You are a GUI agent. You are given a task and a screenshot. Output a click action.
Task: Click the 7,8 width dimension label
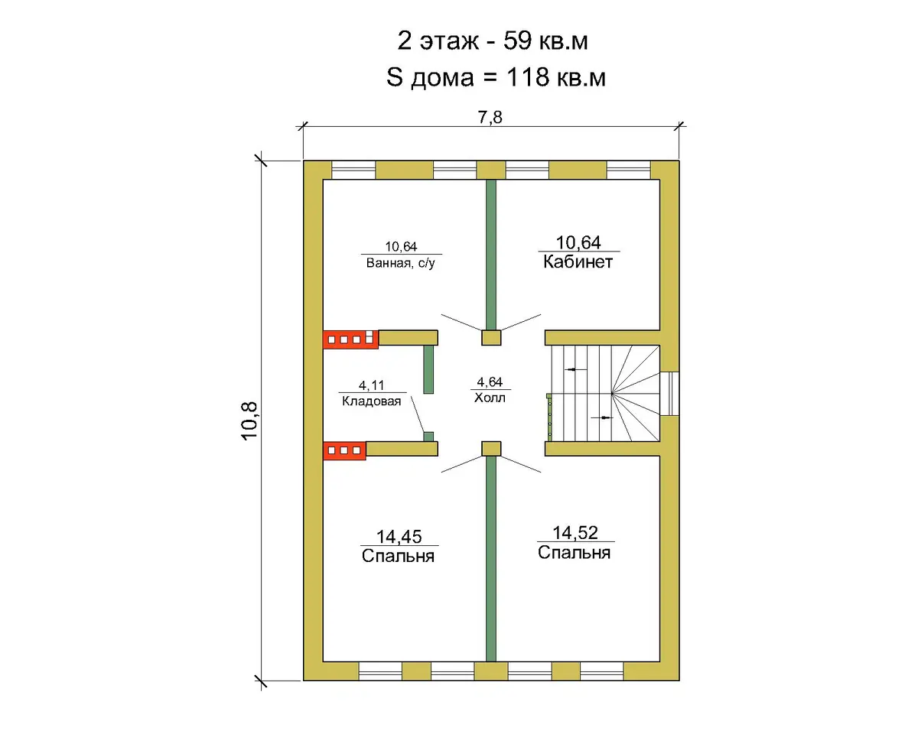coord(490,117)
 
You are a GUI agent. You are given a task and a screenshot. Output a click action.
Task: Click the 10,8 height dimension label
coord(249,421)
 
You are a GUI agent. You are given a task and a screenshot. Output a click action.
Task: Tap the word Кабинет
coord(578,261)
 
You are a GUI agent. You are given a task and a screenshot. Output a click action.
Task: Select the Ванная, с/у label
coord(400,263)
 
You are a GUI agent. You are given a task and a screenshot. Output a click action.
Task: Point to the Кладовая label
coord(372,401)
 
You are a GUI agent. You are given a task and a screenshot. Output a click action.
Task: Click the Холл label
coord(490,398)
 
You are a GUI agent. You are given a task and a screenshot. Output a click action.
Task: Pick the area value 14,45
coord(399,537)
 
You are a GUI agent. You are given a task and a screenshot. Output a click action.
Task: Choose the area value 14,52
coord(575,533)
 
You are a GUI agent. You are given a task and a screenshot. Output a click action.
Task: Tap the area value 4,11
coord(372,385)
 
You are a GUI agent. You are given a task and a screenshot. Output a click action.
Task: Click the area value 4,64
coord(490,382)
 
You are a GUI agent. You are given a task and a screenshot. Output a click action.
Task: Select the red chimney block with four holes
coord(350,339)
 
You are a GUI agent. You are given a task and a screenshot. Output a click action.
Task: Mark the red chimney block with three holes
coord(344,450)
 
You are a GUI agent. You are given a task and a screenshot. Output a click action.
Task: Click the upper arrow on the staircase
coord(575,369)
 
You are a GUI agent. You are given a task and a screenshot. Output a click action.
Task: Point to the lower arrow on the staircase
coord(601,417)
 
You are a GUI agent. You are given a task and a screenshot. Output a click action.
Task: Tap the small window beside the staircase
coord(669,393)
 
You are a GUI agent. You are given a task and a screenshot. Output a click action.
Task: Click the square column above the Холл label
coord(491,338)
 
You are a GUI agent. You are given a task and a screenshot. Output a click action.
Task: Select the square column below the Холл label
coord(491,449)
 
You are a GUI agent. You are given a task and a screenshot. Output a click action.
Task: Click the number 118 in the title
coord(528,77)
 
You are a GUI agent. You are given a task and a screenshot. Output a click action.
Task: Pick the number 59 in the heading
coord(517,41)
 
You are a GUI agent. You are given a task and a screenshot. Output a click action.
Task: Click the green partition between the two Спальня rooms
coord(491,559)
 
